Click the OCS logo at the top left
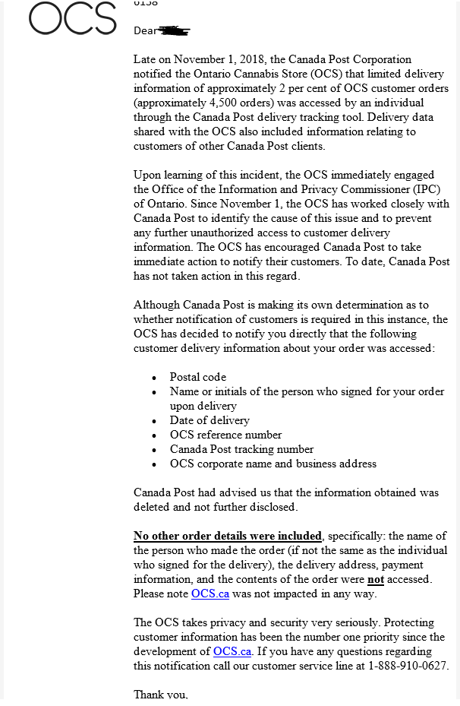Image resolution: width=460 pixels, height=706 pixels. pyautogui.click(x=73, y=18)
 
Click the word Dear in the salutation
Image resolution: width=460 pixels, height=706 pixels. pyautogui.click(x=144, y=31)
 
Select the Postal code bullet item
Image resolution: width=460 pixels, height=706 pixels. pyautogui.click(x=197, y=377)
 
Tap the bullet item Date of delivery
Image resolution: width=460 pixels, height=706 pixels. pyautogui.click(x=210, y=420)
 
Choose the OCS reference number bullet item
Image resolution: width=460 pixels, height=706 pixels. pyautogui.click(x=225, y=435)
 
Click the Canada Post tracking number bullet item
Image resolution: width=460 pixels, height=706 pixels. pyautogui.click(x=241, y=449)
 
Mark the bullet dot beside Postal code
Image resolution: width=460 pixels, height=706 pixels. pyautogui.click(x=154, y=378)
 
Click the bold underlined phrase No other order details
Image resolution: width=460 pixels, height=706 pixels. pyautogui.click(x=228, y=536)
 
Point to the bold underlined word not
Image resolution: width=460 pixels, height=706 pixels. pyautogui.click(x=376, y=579)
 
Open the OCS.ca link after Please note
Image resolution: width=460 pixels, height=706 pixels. pyautogui.click(x=210, y=594)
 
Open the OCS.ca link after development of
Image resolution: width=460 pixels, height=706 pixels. pyautogui.click(x=232, y=651)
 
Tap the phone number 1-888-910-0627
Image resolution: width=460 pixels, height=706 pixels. pyautogui.click(x=406, y=666)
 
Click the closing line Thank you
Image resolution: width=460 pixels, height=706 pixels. pyautogui.click(x=160, y=695)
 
